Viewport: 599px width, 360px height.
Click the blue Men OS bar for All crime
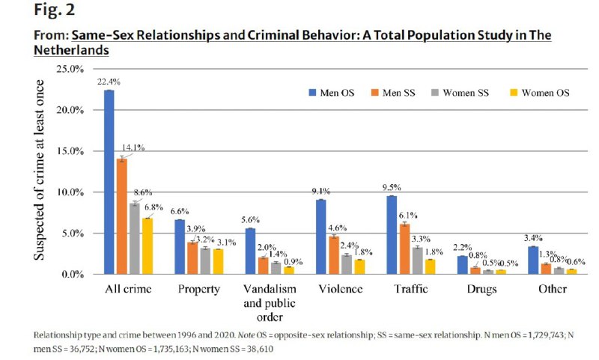pyautogui.click(x=109, y=183)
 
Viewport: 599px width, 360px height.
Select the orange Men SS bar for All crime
pyautogui.click(x=121, y=216)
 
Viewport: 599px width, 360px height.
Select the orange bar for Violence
pyautogui.click(x=333, y=255)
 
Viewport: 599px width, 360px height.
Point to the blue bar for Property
pyautogui.click(x=180, y=247)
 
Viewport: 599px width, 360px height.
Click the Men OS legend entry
pyautogui.click(x=329, y=93)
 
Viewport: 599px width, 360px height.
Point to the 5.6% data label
pyautogui.click(x=250, y=221)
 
